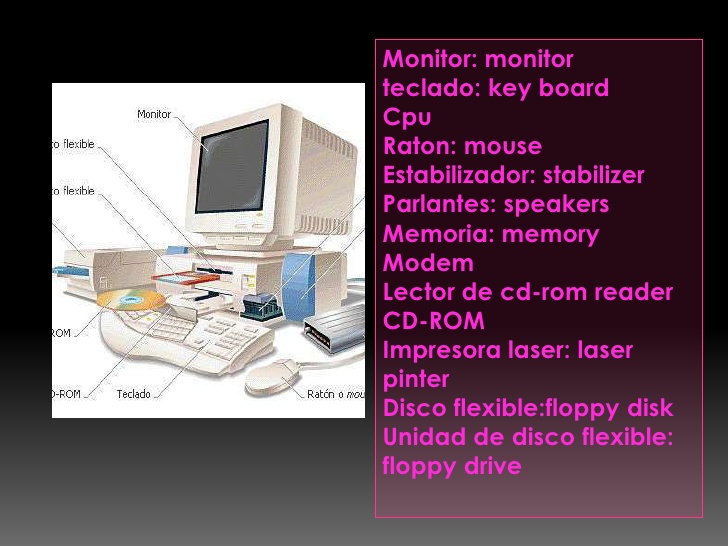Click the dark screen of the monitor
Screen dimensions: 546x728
[x=232, y=167]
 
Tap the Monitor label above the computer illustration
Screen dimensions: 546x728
[x=154, y=115]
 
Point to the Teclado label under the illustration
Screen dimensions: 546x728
[x=133, y=394]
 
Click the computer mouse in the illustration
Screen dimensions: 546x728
[x=272, y=375]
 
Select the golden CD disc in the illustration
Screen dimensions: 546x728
[x=129, y=299]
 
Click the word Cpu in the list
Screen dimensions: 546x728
[x=407, y=117]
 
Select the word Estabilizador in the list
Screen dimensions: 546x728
[x=459, y=175]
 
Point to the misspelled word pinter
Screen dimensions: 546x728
[x=416, y=379]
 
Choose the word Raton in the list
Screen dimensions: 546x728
[x=419, y=146]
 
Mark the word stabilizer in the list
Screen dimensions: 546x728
[x=593, y=175]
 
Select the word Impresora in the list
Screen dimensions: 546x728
[x=439, y=350]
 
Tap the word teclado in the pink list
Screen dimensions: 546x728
[x=430, y=88]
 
